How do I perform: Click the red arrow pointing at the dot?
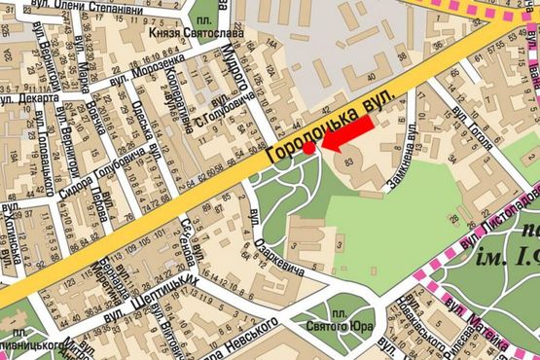pos(348,135)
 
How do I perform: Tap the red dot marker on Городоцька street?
pos(308,149)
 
